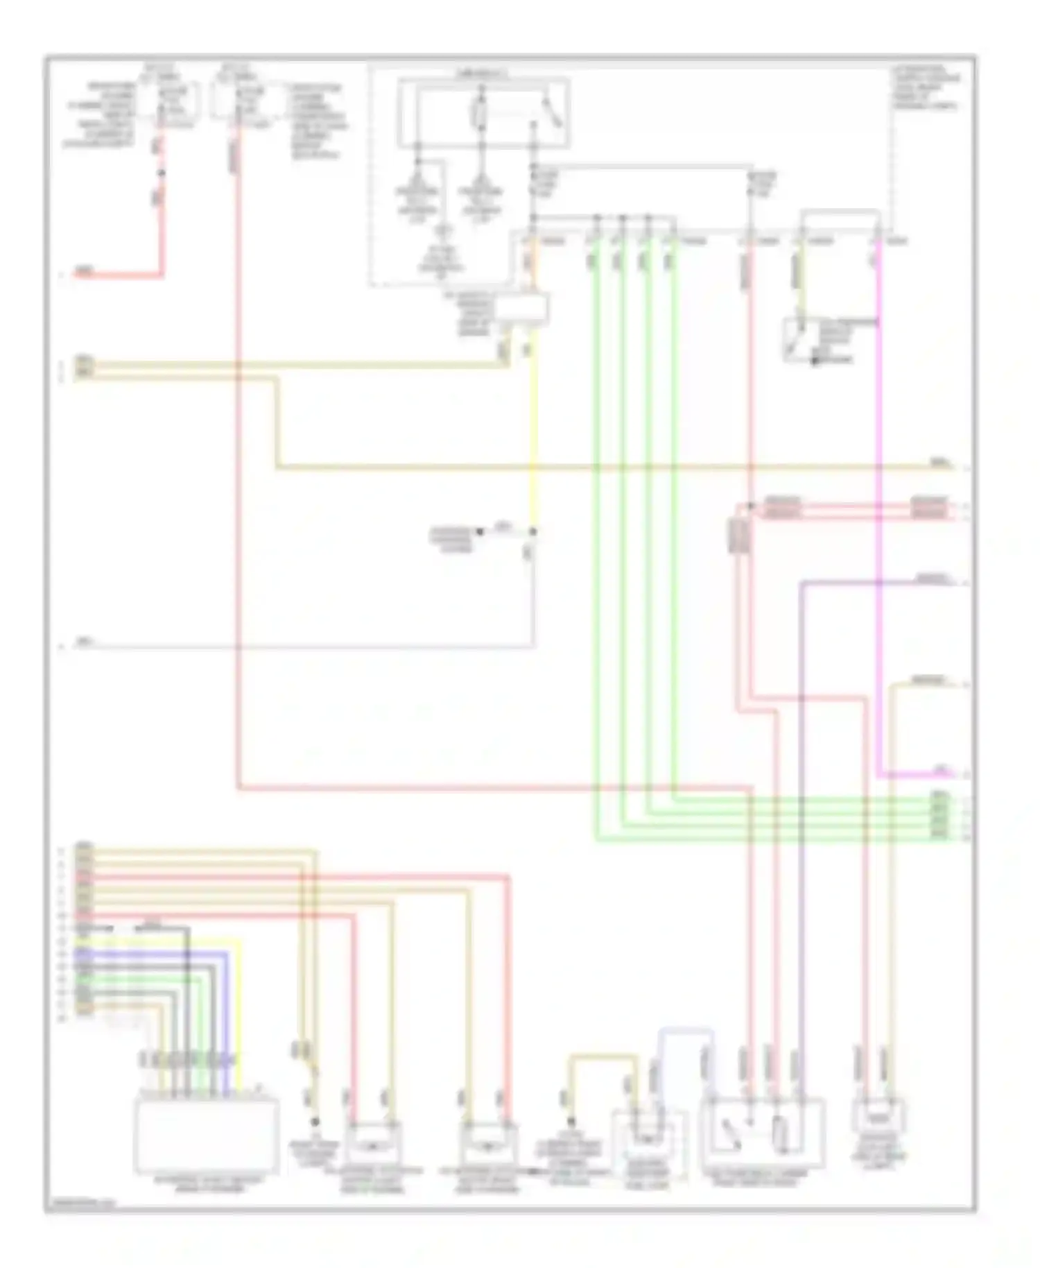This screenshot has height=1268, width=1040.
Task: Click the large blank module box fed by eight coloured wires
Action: (208, 1135)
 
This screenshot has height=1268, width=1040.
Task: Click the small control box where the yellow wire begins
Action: (521, 309)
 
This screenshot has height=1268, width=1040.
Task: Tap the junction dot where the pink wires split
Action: (751, 506)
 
